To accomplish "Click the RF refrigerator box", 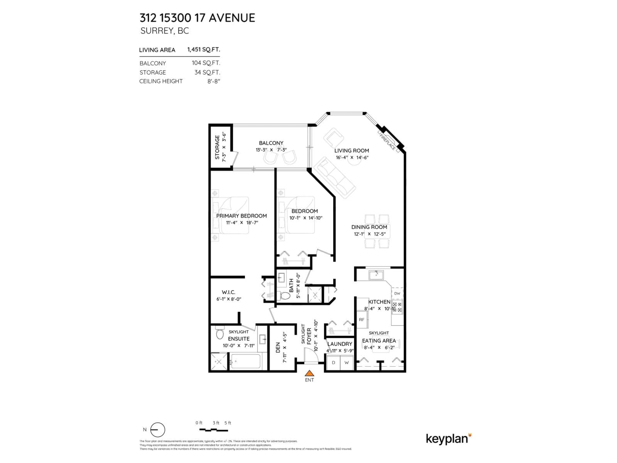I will click(x=362, y=320).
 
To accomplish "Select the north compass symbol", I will click(x=158, y=430).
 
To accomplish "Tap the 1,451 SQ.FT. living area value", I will click(x=203, y=50).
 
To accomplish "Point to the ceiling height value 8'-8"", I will click(x=214, y=81).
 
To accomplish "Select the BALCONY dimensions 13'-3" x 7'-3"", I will click(x=271, y=150).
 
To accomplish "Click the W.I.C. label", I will click(x=228, y=292).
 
